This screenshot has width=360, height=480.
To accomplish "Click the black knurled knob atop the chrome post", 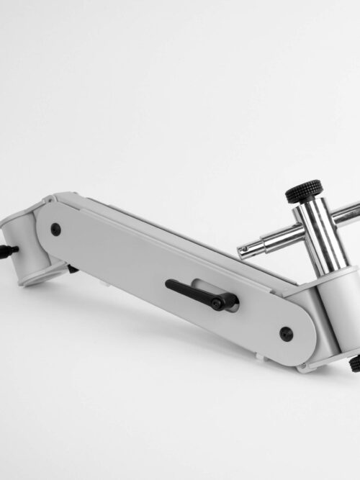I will coord(304,191).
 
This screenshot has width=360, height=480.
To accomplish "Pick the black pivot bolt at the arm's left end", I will coord(55,230).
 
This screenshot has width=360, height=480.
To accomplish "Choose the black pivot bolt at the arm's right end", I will coord(286,333).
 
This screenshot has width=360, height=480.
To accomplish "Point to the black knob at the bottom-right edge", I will coord(355,364).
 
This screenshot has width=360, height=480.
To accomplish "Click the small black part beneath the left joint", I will coord(73,269).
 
